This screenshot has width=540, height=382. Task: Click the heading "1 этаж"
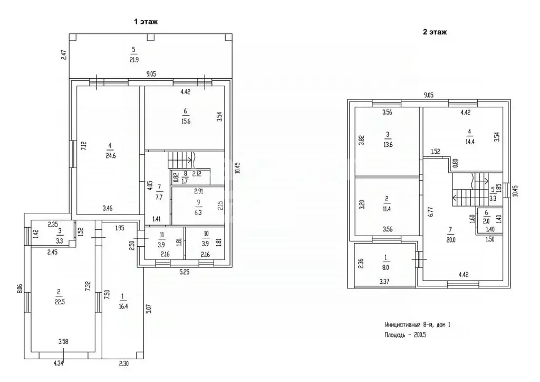[146, 22]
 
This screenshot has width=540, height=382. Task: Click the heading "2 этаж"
[435, 32]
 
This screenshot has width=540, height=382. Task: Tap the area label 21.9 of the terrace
[133, 60]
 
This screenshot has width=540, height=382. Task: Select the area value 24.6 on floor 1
[111, 156]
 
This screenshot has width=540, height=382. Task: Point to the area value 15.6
[186, 121]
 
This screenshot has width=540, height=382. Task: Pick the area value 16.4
[123, 306]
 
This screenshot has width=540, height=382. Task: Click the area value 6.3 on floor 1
[198, 212]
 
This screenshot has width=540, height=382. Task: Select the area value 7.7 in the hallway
[159, 198]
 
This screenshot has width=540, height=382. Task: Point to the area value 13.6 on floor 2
[388, 145]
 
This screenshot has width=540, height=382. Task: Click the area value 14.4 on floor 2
[470, 142]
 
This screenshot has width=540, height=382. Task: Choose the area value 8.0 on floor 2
[385, 267]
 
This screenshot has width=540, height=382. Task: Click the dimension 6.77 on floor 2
[430, 211]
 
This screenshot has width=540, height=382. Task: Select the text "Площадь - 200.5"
[406, 335]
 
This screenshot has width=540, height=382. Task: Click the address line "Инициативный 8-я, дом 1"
[418, 325]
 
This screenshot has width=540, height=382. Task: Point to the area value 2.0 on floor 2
[486, 222]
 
